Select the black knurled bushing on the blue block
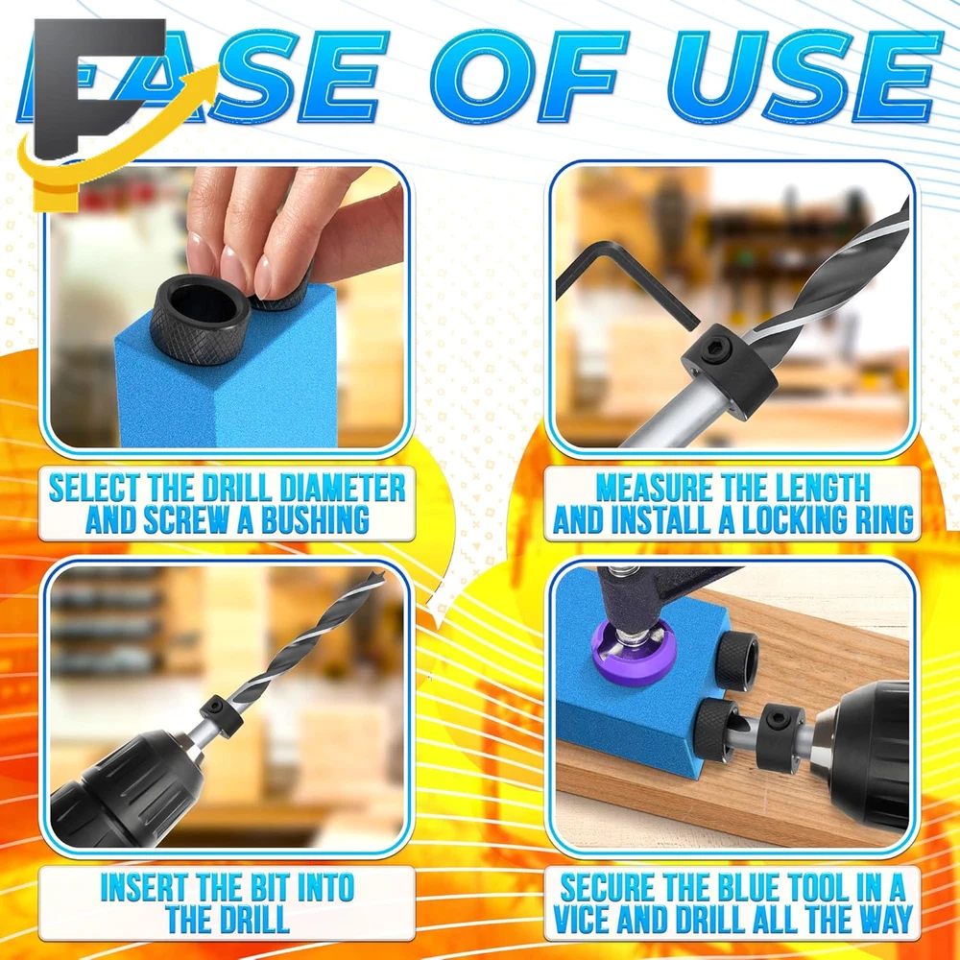click(x=200, y=319)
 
